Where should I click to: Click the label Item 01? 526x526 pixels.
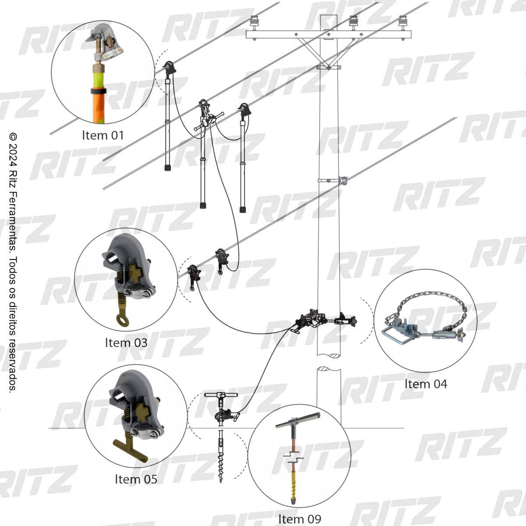click(103, 135)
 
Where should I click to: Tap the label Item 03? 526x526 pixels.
click(126, 343)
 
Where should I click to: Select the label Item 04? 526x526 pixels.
click(426, 384)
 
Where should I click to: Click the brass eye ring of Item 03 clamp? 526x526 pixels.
click(122, 320)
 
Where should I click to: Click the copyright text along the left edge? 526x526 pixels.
click(13, 262)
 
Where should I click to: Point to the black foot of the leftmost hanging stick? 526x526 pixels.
click(167, 167)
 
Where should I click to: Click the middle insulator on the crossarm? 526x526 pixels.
click(353, 22)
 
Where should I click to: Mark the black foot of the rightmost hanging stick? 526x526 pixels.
click(243, 210)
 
